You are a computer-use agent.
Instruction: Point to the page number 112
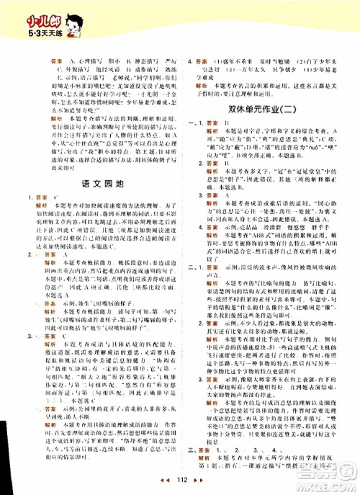click(x=181, y=483)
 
